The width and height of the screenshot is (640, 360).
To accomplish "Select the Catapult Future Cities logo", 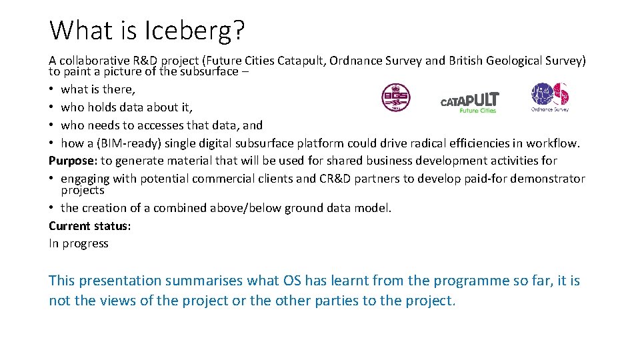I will (x=469, y=102).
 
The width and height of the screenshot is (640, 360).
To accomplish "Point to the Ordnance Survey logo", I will (x=550, y=97).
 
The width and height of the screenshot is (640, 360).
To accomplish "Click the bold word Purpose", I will (x=72, y=161).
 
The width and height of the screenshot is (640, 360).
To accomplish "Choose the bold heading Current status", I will (x=89, y=225).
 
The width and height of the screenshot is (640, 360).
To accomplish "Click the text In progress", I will (x=79, y=243).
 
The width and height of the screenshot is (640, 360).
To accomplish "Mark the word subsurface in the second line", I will (x=201, y=71).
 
